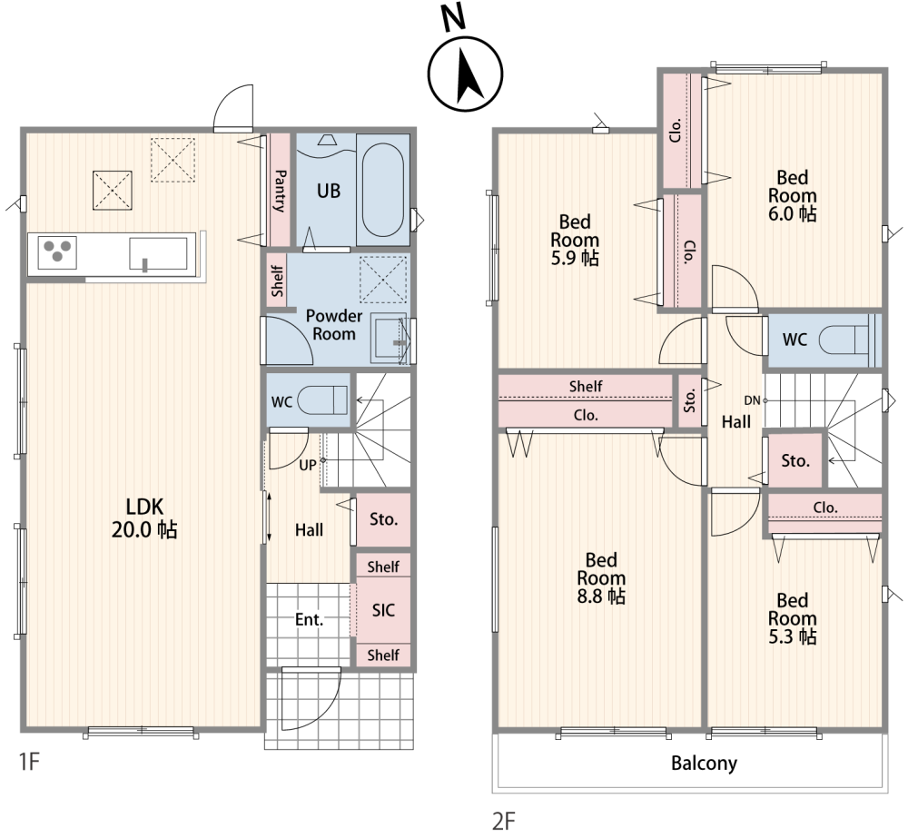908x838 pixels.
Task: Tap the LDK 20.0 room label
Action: (144, 518)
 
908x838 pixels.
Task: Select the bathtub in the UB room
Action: (383, 190)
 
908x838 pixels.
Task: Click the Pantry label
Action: (280, 191)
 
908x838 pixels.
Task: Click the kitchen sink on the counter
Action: (158, 253)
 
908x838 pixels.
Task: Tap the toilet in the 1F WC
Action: (322, 399)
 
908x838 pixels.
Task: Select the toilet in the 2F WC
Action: (844, 339)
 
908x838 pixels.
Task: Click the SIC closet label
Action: (383, 610)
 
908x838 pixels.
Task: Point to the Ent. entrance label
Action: (309, 620)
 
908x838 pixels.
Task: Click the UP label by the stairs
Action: (308, 465)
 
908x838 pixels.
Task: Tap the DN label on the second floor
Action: (752, 400)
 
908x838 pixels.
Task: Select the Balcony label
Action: (704, 764)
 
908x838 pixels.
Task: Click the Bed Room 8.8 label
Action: (601, 578)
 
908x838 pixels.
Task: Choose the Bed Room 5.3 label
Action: (792, 618)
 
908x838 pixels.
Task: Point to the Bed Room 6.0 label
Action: (792, 196)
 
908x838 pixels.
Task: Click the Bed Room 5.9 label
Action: (575, 240)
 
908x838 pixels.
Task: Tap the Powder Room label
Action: (333, 325)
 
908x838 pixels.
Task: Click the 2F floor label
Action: (503, 821)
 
